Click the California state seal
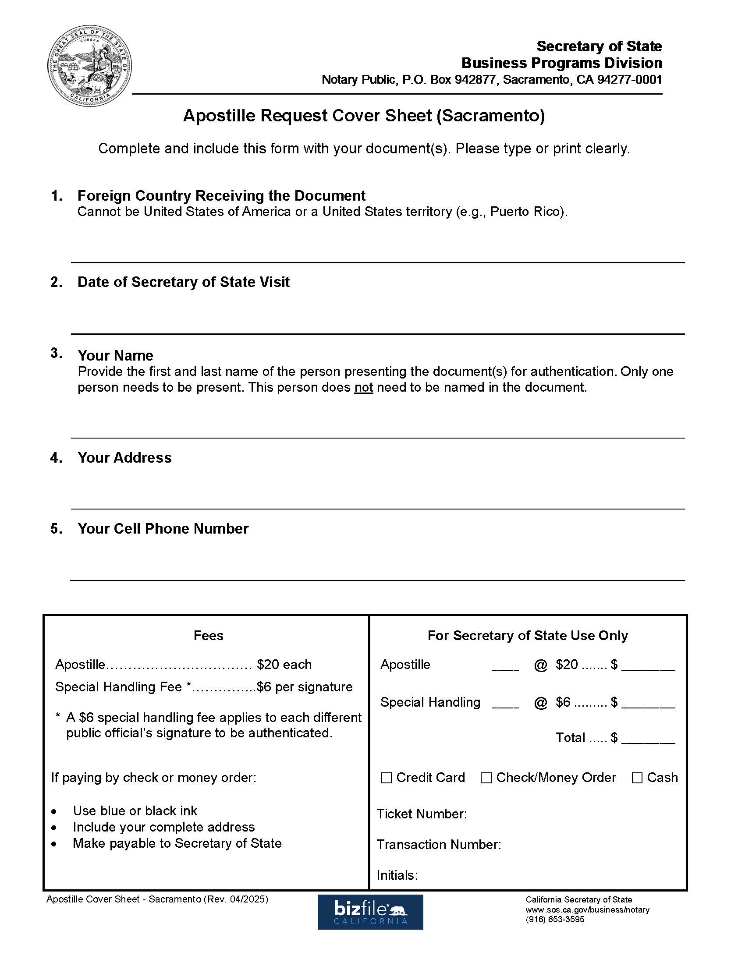[89, 66]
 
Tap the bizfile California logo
[370, 912]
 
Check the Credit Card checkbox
[386, 778]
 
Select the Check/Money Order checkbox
[486, 778]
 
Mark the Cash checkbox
[636, 778]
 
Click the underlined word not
[363, 387]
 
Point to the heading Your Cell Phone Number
[163, 528]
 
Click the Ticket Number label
[421, 814]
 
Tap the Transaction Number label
[438, 844]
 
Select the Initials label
[397, 875]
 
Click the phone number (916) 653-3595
[555, 920]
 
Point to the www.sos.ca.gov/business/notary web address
[587, 909]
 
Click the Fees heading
[208, 635]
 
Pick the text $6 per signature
[305, 687]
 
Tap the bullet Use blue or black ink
[135, 810]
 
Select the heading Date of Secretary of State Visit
[183, 282]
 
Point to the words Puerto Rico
[526, 212]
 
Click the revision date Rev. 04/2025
[235, 899]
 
